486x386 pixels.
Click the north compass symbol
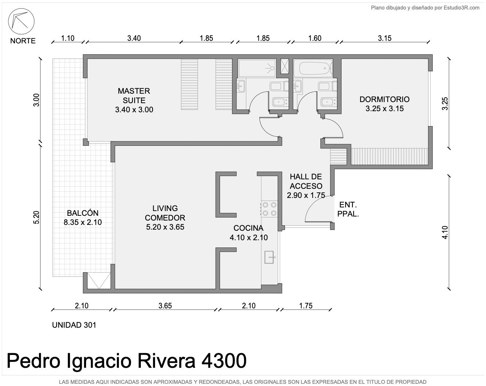click(x=21, y=22)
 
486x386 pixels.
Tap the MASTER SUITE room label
click(x=134, y=100)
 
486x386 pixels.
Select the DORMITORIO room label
click(x=384, y=104)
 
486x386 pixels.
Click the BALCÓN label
click(x=83, y=218)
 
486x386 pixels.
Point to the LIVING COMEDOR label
click(x=165, y=218)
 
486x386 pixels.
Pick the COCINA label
click(x=248, y=233)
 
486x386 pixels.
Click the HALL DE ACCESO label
click(x=306, y=186)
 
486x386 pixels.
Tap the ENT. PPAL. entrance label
click(x=348, y=209)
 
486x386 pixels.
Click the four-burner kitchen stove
click(x=269, y=209)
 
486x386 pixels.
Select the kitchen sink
click(x=269, y=257)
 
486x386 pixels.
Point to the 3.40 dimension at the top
click(x=134, y=38)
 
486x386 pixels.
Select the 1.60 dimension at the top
click(x=315, y=38)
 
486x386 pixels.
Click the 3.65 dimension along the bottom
click(x=165, y=306)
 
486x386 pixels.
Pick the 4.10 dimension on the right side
click(x=445, y=233)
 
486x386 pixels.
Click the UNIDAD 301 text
click(x=74, y=325)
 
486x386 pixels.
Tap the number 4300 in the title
click(x=224, y=360)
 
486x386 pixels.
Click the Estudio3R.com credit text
click(x=462, y=8)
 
